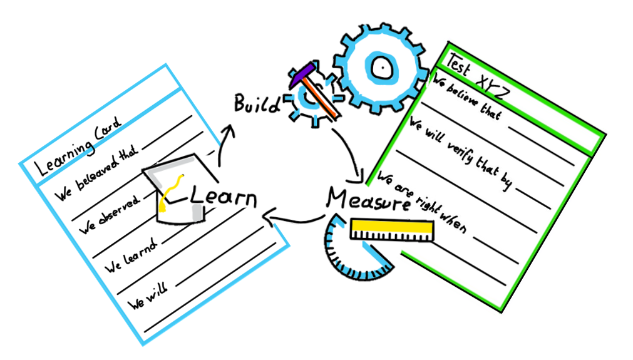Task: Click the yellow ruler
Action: [x=392, y=229]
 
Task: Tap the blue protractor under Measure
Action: [x=347, y=256]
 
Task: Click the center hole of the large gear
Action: [x=380, y=66]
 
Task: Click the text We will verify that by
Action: [x=461, y=154]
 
